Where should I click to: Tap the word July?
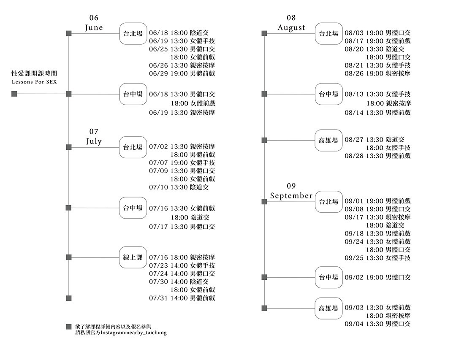pos(94,142)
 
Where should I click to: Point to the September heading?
pos(291,196)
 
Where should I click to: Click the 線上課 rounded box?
pos(133,257)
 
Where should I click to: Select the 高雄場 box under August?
pos(328,141)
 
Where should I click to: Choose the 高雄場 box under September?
pos(328,308)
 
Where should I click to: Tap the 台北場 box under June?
pos(133,34)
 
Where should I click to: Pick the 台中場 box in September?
pos(328,277)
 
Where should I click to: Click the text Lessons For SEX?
pos(34,82)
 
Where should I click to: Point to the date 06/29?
pos(158,73)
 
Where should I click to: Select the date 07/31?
pos(158,298)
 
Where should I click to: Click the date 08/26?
pos(354,73)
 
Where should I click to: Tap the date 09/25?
pos(354,258)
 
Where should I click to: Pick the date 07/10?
pos(158,187)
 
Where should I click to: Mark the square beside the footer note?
pos(69,327)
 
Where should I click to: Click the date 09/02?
pos(354,278)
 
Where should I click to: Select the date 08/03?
pos(354,33)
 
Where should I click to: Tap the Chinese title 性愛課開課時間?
pos(34,73)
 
